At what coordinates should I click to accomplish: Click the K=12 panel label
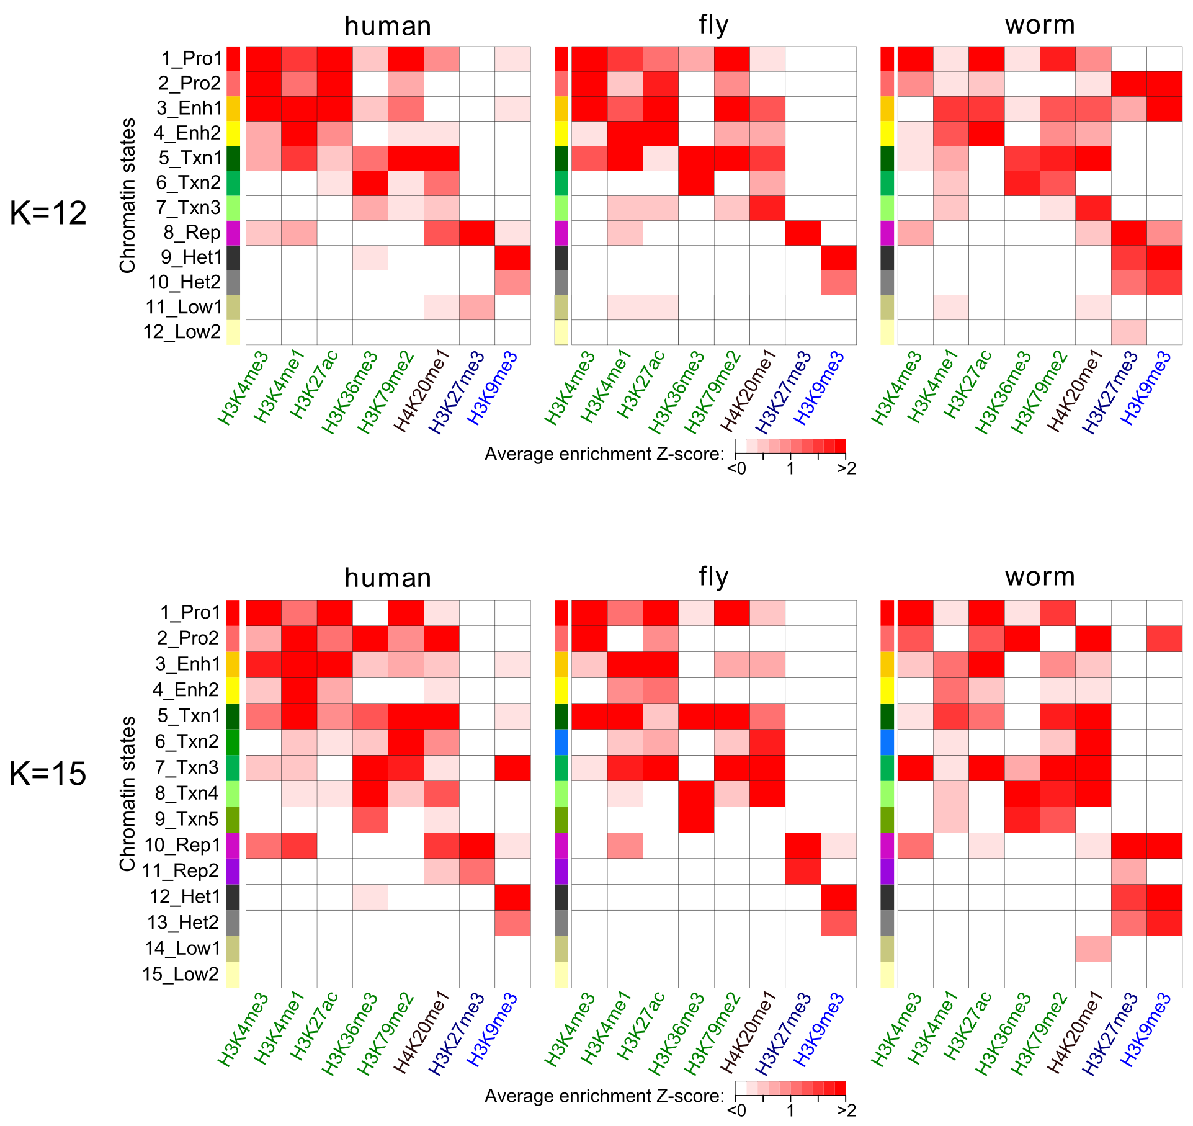click(x=48, y=213)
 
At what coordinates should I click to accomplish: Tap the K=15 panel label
click(x=48, y=774)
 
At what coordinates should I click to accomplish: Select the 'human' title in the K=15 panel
click(x=388, y=578)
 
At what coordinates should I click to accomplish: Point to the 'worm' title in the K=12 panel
click(x=1040, y=25)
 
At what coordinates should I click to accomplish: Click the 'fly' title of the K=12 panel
click(x=713, y=25)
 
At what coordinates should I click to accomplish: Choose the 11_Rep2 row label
click(x=180, y=871)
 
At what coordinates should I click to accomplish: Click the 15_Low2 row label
click(x=180, y=974)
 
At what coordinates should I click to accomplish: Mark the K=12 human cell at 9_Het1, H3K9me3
click(x=512, y=257)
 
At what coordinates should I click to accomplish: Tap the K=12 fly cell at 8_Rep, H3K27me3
click(x=803, y=233)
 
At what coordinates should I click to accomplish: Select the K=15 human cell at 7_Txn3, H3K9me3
click(x=512, y=767)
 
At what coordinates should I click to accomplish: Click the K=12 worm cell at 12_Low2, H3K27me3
click(x=1128, y=332)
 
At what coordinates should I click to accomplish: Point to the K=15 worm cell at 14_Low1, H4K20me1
click(x=1093, y=949)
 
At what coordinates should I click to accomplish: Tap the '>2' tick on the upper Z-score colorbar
click(x=846, y=468)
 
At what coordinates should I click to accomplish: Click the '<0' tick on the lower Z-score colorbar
click(x=736, y=1110)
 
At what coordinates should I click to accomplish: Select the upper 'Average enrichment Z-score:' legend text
click(x=604, y=454)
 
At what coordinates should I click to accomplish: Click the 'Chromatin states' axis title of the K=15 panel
click(x=127, y=793)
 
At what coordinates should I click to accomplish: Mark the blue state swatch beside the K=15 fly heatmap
click(x=561, y=742)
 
